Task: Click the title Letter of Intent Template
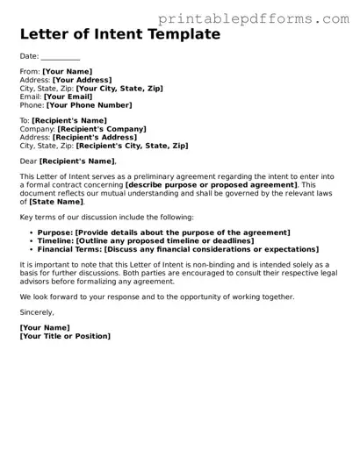tap(119, 35)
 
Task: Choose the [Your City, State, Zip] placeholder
tap(120, 89)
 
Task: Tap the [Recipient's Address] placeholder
tap(96, 137)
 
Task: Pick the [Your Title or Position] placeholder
tap(66, 336)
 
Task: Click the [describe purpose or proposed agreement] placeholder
tap(212, 185)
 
